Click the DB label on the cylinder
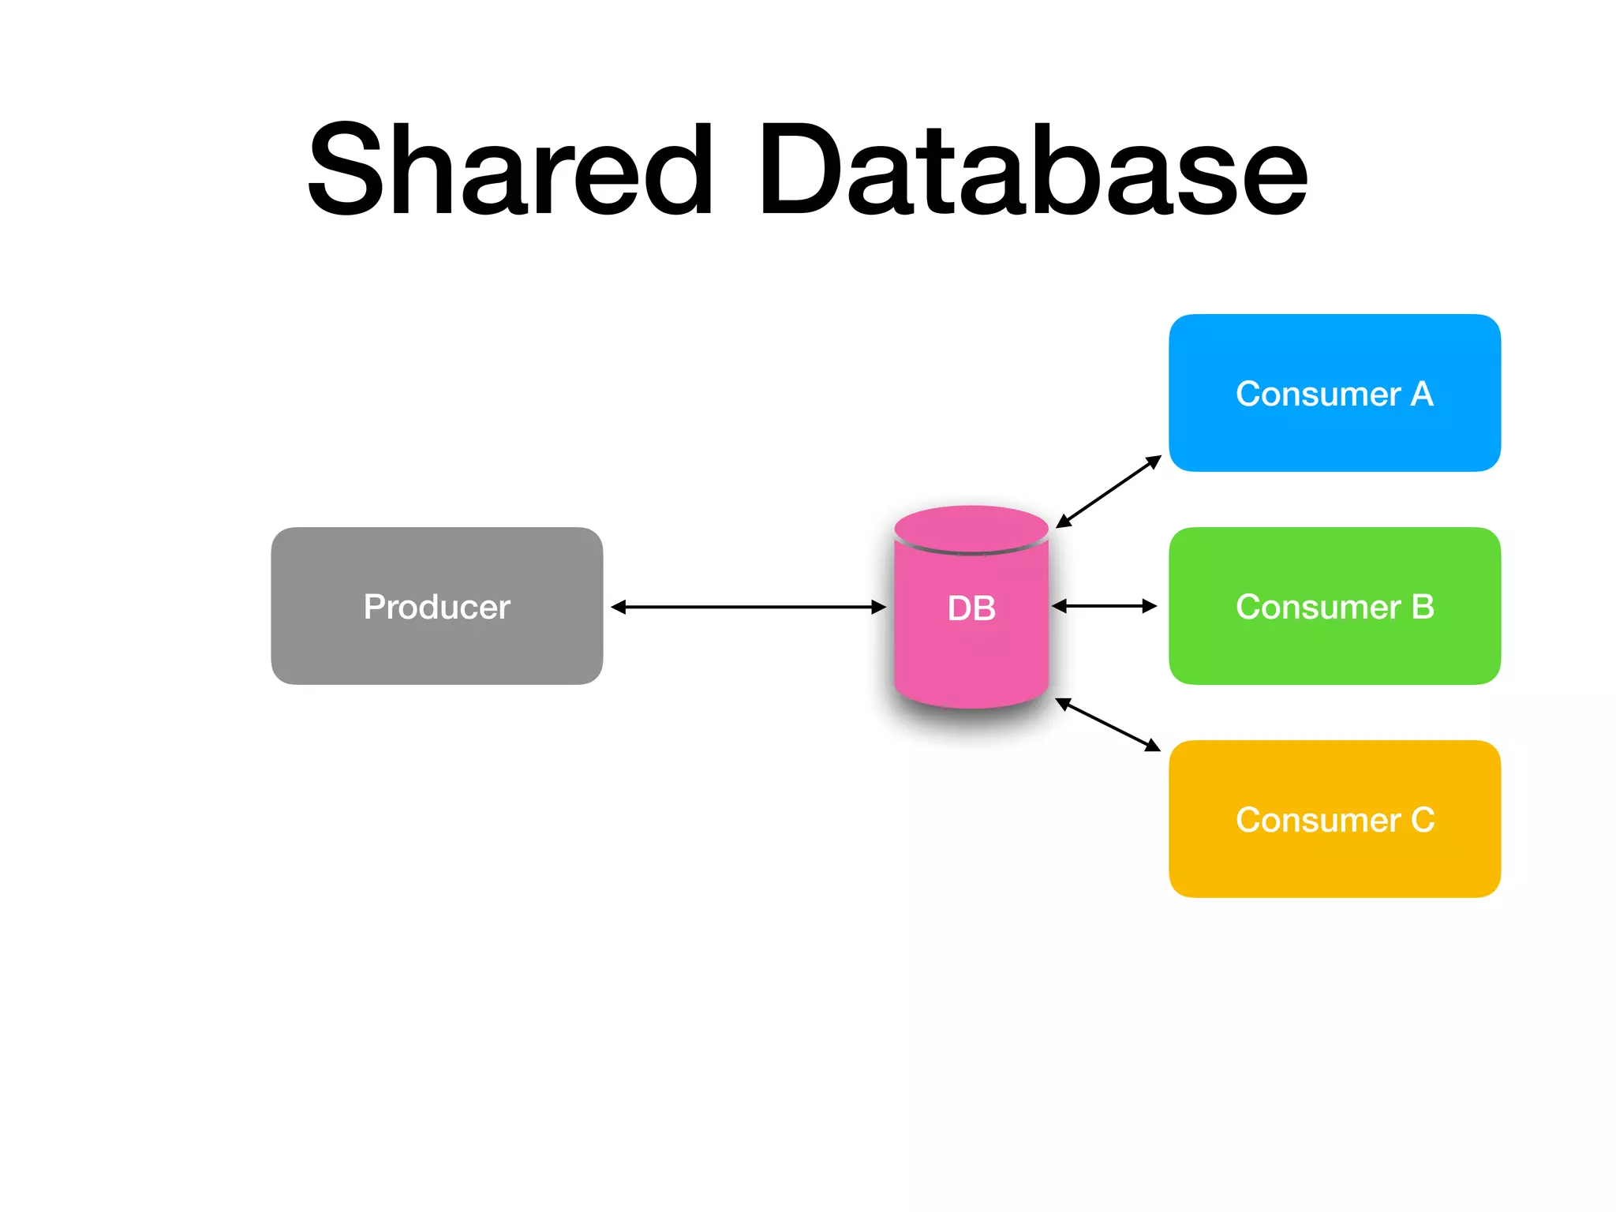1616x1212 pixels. coord(971,608)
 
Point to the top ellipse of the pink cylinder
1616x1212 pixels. coord(971,528)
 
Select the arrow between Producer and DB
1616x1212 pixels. coord(748,607)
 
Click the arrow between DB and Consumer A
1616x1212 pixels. coord(1109,492)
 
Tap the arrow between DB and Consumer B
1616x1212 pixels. coord(1104,606)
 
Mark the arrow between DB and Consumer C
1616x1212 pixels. coord(1108,724)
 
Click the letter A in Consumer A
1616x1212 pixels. coord(1421,394)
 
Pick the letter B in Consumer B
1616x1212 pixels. coord(1422,607)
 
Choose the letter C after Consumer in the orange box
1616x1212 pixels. coord(1422,820)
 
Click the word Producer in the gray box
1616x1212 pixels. coord(436,607)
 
